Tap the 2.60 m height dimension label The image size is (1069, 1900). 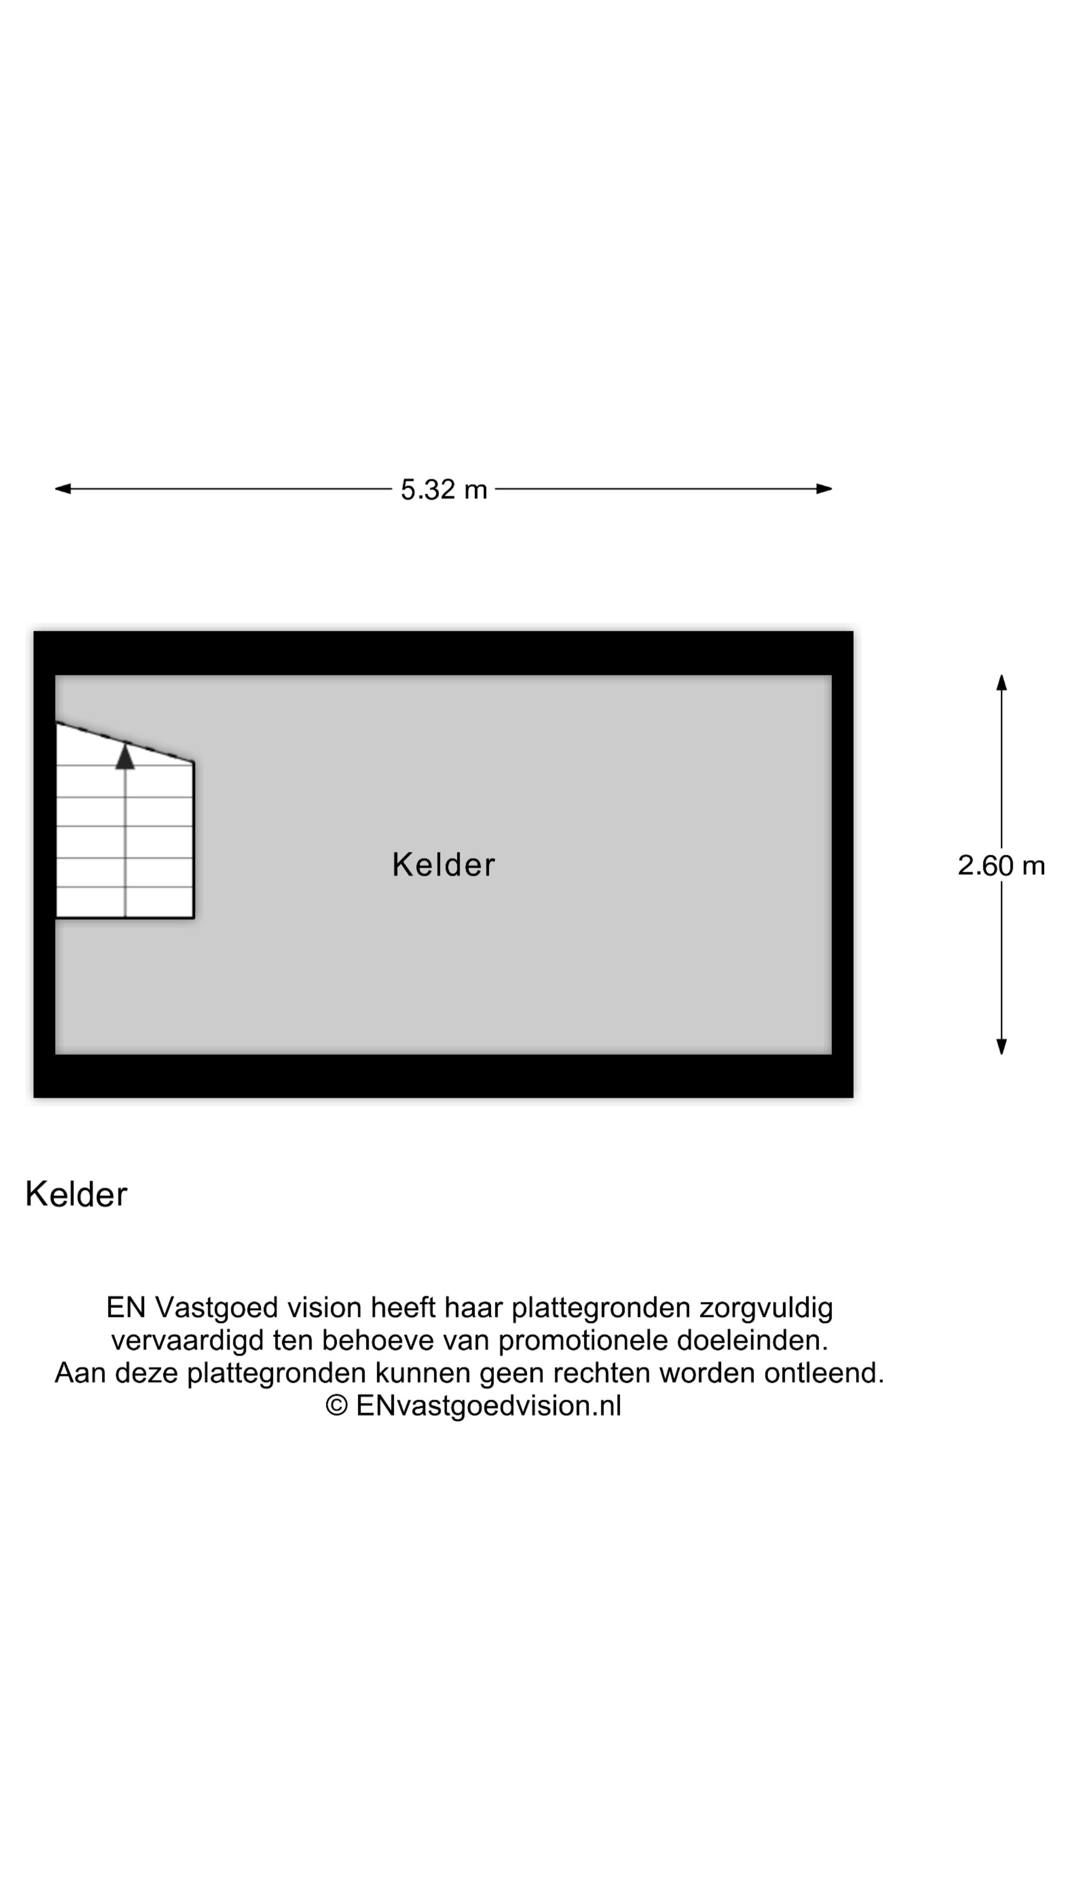[1001, 865]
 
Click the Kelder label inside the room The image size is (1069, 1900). [443, 864]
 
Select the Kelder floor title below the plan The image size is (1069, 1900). [76, 1194]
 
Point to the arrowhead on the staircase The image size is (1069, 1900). [125, 756]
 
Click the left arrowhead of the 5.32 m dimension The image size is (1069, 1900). [63, 488]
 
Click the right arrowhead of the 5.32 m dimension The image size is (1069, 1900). [824, 488]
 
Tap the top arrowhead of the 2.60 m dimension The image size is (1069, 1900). [1001, 682]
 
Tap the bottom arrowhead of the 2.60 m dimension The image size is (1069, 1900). [1001, 1046]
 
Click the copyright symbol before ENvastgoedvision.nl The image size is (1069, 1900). [337, 1405]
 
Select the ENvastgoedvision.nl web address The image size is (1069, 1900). [488, 1406]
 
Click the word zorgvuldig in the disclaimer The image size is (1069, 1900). [766, 1308]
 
